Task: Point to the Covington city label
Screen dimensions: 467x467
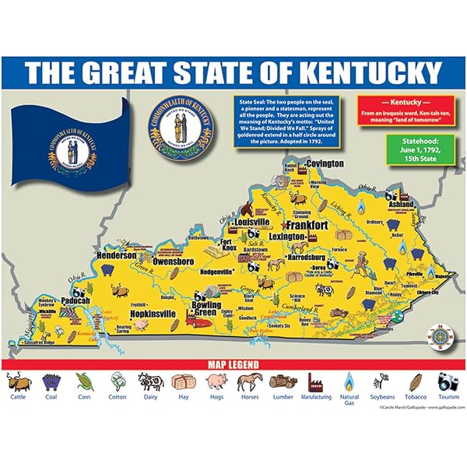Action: tap(324, 164)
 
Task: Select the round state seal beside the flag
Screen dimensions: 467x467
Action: tap(175, 129)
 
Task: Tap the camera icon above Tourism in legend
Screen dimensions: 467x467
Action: tap(448, 381)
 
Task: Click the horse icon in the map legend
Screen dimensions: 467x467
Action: tap(249, 381)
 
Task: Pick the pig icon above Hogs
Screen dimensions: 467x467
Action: tap(216, 381)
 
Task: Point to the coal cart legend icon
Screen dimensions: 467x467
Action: tap(51, 381)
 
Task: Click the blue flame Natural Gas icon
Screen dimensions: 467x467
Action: tap(348, 381)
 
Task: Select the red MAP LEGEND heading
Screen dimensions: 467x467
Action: tap(233, 363)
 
